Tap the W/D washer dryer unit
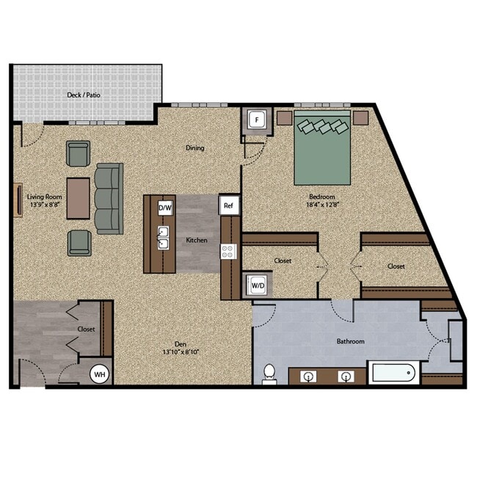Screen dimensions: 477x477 258,283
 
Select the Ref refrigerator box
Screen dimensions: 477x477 228,206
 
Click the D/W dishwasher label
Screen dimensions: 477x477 165,208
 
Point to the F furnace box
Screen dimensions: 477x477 257,120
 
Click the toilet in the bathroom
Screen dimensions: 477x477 269,373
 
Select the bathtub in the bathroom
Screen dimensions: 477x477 393,374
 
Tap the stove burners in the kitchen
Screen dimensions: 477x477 227,251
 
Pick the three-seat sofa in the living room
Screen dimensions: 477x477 109,198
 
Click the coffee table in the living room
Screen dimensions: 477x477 79,197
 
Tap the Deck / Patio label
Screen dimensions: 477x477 84,95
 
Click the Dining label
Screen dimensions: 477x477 194,148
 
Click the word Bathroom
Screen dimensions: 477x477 350,341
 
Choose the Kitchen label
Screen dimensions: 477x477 196,240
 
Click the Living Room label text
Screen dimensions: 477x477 43,197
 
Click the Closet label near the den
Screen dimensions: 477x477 87,329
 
